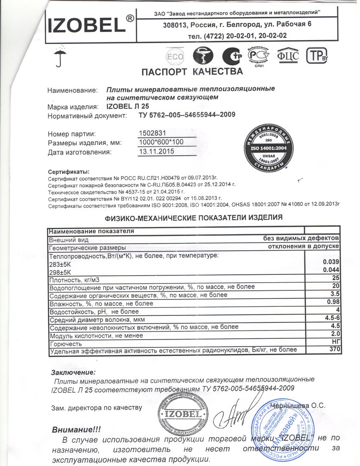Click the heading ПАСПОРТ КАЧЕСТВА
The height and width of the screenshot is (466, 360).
tap(189, 71)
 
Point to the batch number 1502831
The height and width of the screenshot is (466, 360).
tap(153, 134)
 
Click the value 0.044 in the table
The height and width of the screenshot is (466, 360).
tap(332, 270)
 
